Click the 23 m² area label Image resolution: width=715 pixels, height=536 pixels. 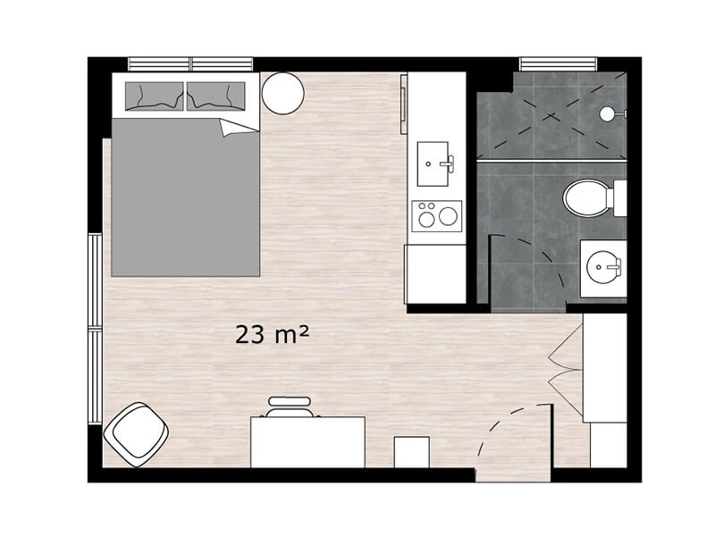(273, 334)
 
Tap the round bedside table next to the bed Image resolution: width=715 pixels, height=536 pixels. (282, 93)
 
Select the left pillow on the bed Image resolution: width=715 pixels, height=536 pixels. (154, 96)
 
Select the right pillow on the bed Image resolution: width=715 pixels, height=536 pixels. (215, 96)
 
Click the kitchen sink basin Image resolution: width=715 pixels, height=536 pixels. (433, 164)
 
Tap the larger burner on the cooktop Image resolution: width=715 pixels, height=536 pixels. (449, 216)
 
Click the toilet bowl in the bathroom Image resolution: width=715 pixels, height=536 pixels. (587, 197)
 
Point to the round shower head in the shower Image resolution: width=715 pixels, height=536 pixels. (607, 113)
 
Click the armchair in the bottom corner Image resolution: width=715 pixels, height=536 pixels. (136, 434)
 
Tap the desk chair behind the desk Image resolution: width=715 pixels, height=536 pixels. (290, 407)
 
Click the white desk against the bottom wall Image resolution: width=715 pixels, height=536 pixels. (307, 442)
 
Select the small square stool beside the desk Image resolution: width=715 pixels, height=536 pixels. (412, 452)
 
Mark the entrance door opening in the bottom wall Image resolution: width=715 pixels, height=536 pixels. (513, 475)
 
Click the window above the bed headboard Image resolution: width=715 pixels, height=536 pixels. (190, 63)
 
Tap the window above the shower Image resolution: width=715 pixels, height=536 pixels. (558, 63)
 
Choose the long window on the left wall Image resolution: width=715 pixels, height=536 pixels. (96, 329)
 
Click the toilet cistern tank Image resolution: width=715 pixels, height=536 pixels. (619, 197)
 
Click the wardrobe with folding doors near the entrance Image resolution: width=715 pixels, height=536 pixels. (605, 368)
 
